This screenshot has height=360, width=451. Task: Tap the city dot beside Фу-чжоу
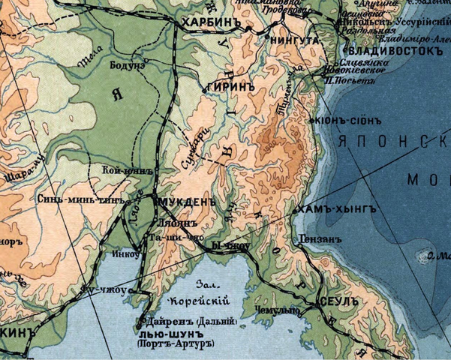pos(134,289)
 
